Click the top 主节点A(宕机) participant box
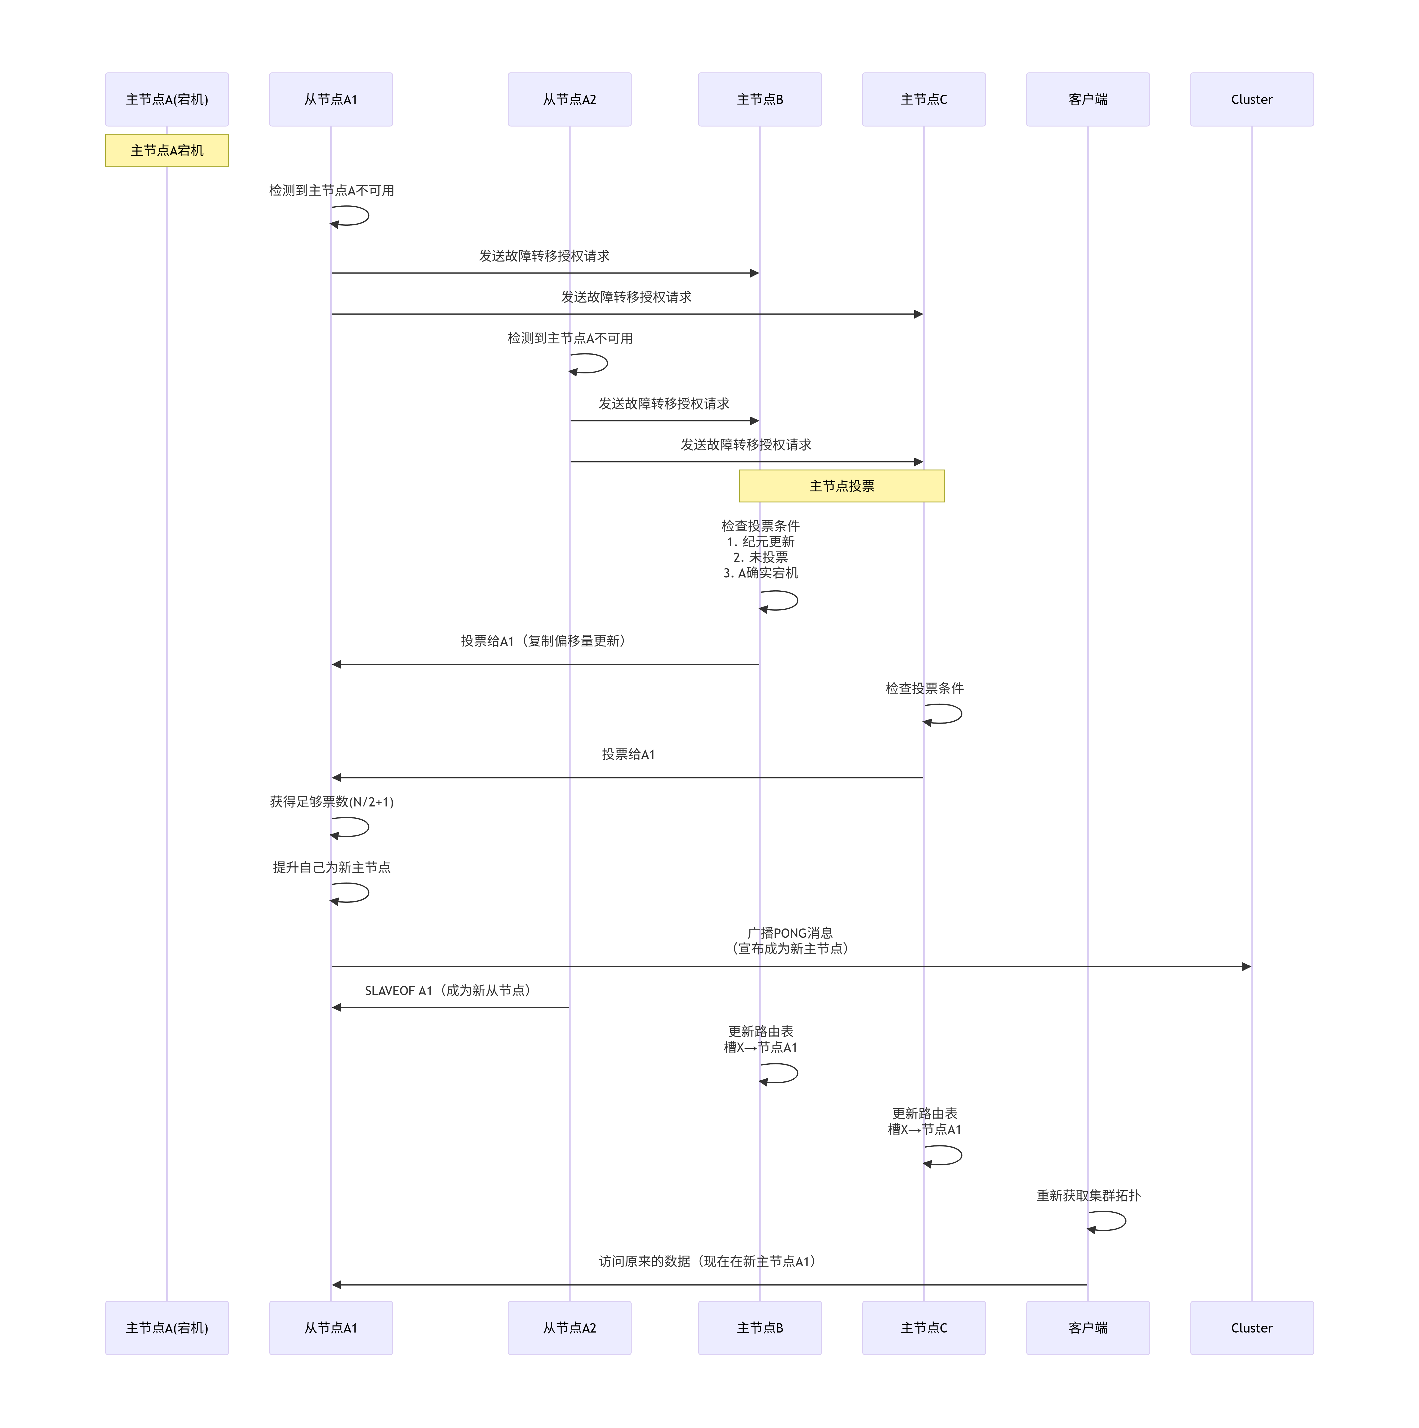coord(167,99)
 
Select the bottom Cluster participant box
coord(1251,1328)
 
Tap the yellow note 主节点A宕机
coord(167,150)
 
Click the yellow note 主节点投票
coord(841,486)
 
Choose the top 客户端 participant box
coord(1087,99)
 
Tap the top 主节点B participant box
coord(759,99)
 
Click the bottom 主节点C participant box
coord(923,1328)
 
